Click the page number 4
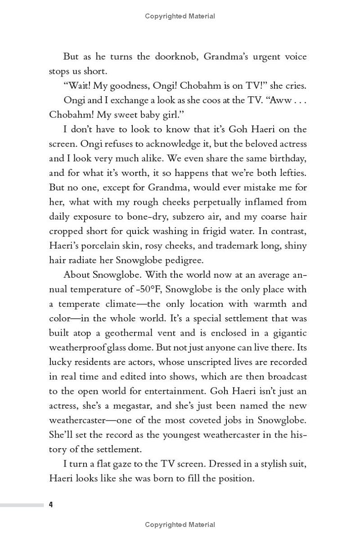pos(51,504)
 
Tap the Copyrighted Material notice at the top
pos(180,16)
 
